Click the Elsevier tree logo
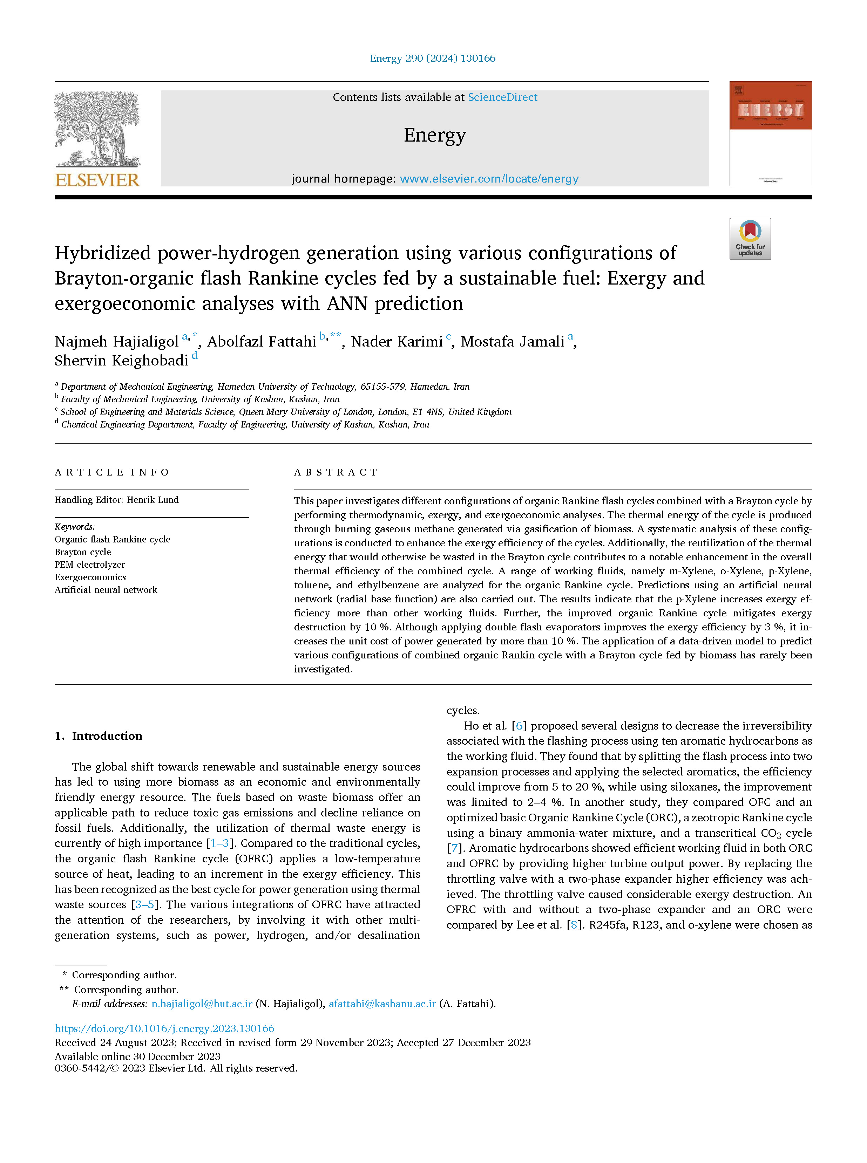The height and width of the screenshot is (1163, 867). pos(97,129)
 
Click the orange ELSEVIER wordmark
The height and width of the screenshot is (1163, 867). pos(97,180)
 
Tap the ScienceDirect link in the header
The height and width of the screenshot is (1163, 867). pos(502,97)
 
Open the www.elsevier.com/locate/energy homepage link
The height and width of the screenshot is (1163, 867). pos(489,179)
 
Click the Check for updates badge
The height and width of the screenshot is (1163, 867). pos(750,239)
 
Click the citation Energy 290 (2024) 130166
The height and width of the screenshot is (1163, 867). pos(433,58)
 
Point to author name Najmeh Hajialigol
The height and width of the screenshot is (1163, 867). pos(116,342)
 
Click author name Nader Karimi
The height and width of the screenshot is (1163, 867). pos(397,342)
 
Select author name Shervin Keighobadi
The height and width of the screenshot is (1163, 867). pos(121,360)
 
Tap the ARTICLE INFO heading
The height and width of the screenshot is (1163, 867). pos(112,472)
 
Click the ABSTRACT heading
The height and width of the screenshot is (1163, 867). pos(336,472)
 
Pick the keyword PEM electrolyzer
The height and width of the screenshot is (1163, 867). pos(90,565)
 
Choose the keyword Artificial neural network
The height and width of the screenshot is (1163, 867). pos(106,590)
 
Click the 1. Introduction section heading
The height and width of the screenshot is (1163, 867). pos(98,736)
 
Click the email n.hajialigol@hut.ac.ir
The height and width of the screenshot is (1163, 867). pos(202,1004)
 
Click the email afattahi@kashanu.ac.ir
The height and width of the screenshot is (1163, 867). pos(382,1004)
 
